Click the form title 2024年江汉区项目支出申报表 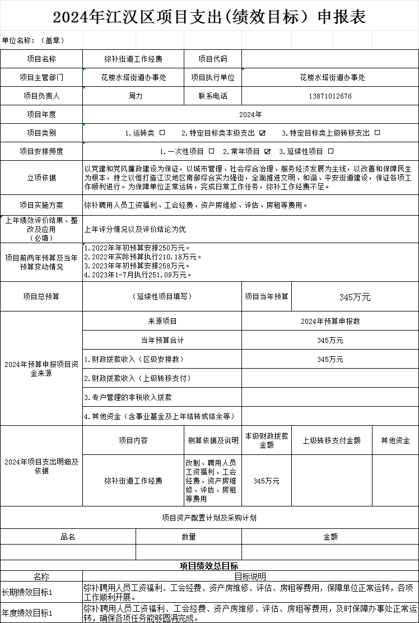tap(209, 17)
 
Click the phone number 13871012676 tap(330, 96)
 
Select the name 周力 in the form tap(135, 96)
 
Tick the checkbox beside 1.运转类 tap(162, 133)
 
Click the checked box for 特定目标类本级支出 tap(262, 133)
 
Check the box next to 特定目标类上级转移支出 tap(377, 133)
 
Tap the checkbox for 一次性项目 tap(211, 151)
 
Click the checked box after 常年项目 tap(267, 151)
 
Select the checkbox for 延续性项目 tap(331, 151)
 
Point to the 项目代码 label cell tap(213, 59)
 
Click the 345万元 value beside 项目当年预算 tap(355, 297)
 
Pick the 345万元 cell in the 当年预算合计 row tap(330, 340)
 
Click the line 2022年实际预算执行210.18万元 tap(143, 257)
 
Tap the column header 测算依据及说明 tap(213, 440)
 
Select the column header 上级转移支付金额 tap(332, 440)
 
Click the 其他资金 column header tap(395, 440)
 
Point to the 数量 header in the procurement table tap(189, 537)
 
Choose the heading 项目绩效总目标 tap(209, 566)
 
